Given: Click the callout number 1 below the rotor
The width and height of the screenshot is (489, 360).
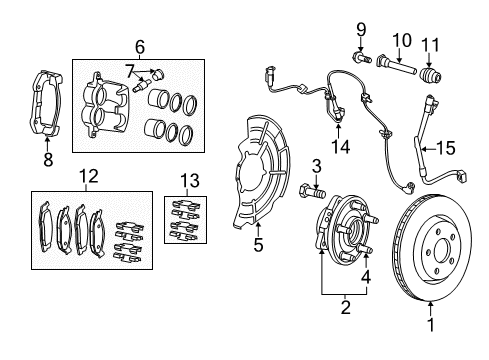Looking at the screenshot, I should tap(432, 325).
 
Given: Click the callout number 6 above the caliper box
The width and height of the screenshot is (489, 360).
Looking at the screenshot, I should tap(140, 46).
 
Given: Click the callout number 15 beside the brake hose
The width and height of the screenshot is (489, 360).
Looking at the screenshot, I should tap(446, 147).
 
